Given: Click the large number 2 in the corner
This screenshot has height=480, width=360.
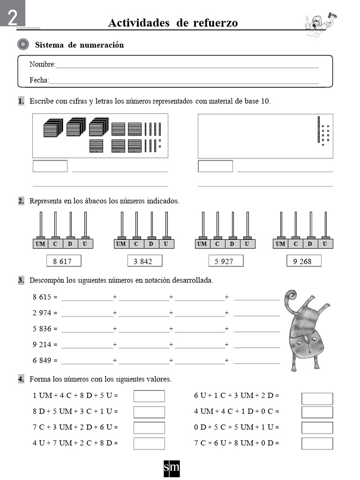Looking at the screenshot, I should (13, 17).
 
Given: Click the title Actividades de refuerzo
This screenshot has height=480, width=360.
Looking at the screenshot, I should (172, 22).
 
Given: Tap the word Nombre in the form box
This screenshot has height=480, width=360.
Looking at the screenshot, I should (42, 64).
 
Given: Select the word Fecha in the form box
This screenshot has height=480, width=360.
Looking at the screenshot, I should (39, 80).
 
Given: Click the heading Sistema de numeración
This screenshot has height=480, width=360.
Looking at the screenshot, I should (79, 45).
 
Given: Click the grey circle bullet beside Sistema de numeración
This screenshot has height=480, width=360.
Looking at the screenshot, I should (23, 45).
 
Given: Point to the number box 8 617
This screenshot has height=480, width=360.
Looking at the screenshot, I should (64, 261).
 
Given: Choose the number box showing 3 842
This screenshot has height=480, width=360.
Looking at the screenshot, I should (144, 261).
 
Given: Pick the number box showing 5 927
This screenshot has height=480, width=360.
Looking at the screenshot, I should (225, 261).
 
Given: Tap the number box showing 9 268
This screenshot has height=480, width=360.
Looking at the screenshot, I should (303, 261).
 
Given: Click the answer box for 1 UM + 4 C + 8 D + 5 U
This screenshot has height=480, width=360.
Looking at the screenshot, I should (149, 396).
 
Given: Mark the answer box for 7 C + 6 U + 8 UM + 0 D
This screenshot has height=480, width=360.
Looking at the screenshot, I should (317, 443).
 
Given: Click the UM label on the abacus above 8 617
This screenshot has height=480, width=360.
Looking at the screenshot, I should (40, 244).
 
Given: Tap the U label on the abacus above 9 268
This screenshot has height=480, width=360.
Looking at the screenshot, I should (325, 244).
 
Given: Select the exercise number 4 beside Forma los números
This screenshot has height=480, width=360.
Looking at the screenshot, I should (21, 379).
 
